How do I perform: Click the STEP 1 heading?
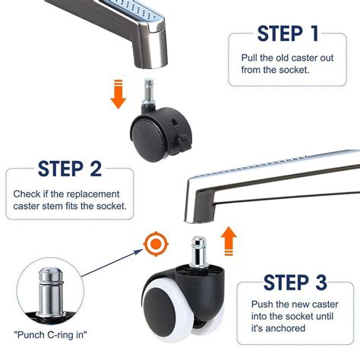tap(288, 33)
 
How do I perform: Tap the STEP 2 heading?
tap(70, 169)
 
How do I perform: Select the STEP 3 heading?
tap(295, 283)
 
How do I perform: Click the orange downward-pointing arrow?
tap(118, 94)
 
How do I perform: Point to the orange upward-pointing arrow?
tap(229, 241)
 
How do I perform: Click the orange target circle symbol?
tap(156, 244)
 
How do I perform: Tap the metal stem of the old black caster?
tap(149, 91)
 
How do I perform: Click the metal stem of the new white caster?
tap(199, 251)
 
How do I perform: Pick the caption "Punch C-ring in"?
tap(50, 335)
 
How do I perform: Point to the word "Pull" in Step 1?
tap(249, 58)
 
